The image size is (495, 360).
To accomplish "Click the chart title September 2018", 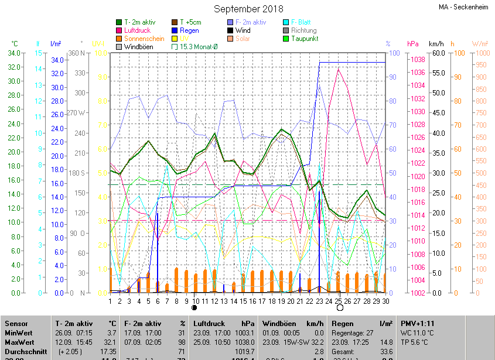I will click(248, 9).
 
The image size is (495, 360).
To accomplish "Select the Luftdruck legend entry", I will click(138, 30).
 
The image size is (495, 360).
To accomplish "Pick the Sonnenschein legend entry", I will click(144, 39).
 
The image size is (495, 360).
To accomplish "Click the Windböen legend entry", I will click(139, 47).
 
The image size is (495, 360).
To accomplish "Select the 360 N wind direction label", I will click(77, 53).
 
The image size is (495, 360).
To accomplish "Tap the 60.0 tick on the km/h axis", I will click(437, 53).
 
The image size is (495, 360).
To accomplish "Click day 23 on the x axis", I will click(319, 301).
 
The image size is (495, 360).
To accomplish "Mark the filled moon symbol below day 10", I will click(194, 307).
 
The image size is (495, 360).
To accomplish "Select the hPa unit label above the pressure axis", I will click(412, 44).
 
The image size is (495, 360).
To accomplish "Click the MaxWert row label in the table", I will click(20, 342).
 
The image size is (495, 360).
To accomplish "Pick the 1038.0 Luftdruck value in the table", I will click(245, 342).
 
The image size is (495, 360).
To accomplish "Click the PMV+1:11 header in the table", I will click(418, 323).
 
